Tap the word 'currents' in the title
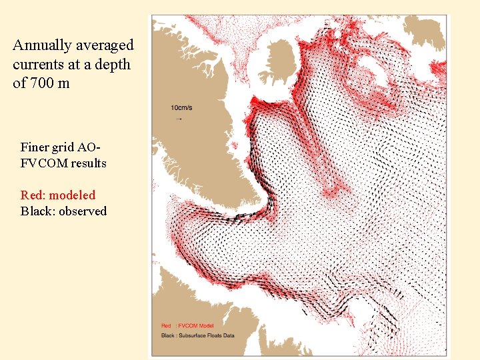click(x=39, y=64)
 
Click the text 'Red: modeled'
click(x=58, y=195)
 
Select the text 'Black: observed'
click(x=63, y=211)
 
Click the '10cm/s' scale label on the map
click(x=183, y=107)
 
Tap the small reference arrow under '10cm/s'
click(x=178, y=119)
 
